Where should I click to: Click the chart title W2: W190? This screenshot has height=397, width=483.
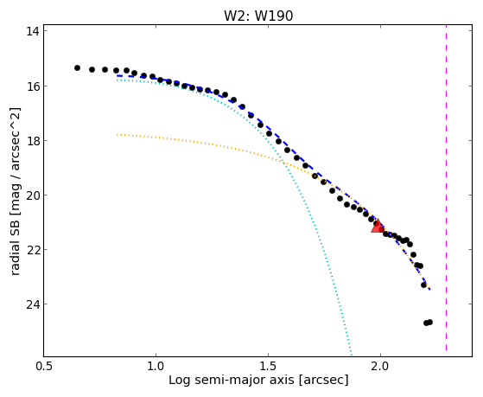(258, 16)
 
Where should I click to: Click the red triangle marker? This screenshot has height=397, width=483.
(378, 226)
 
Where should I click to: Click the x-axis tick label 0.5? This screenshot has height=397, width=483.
(44, 366)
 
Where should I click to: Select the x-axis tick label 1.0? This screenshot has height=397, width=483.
(156, 366)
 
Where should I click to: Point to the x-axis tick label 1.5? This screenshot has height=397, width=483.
(268, 366)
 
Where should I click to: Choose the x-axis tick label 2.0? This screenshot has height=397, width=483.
(380, 366)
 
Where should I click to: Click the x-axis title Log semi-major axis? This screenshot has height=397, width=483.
(231, 381)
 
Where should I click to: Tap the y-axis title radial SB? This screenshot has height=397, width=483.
(15, 244)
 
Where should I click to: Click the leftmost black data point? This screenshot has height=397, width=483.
(77, 67)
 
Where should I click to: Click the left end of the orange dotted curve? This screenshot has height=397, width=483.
(117, 134)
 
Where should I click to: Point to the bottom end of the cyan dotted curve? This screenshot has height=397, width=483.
(351, 354)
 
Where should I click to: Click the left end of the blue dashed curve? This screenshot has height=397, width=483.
(117, 75)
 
